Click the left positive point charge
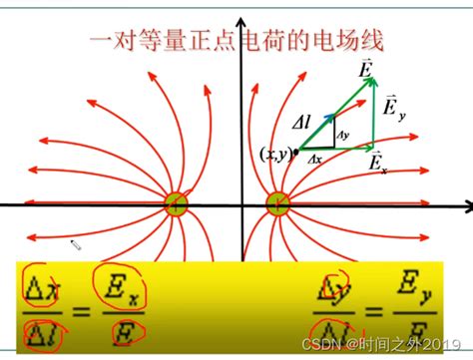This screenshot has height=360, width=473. coord(177,205)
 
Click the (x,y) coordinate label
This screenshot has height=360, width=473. coord(273,153)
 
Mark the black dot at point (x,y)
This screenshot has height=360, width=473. coord(296,152)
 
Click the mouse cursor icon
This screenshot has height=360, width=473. coord(76,244)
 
